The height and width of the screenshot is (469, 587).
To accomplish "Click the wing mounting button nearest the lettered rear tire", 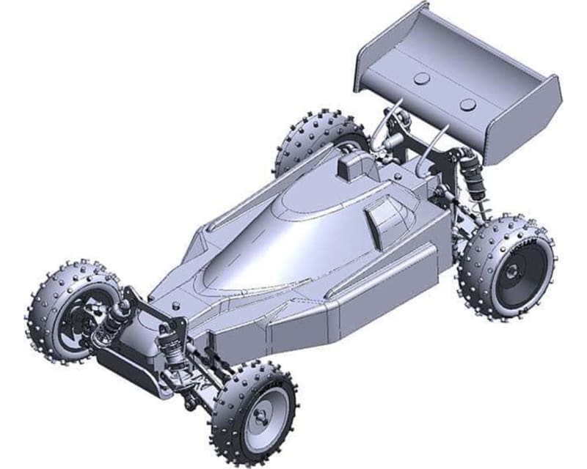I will (467, 105).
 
